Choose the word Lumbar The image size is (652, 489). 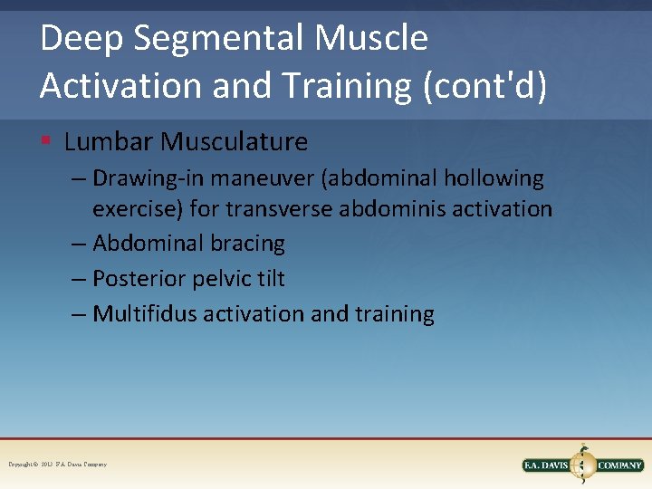point(109,142)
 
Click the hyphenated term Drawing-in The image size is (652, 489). point(150,179)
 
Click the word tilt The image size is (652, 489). point(269,279)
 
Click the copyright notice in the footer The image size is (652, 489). point(58,465)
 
